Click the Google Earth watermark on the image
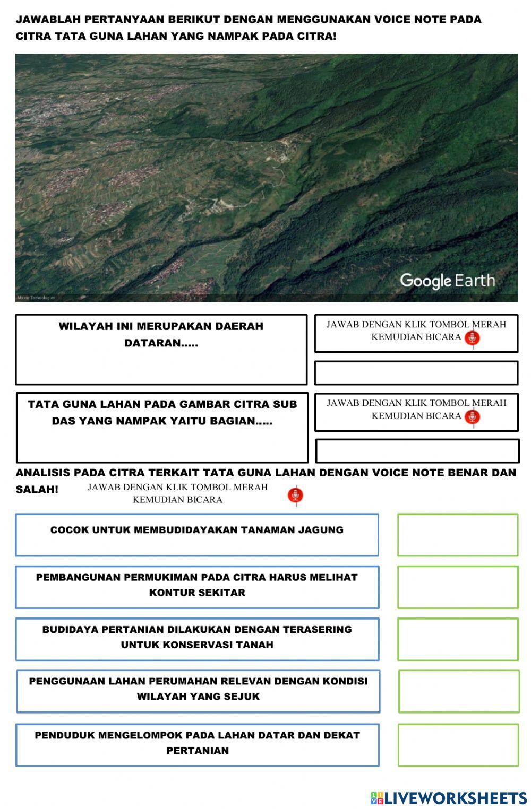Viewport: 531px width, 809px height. point(447,281)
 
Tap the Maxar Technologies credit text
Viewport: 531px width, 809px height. point(36,298)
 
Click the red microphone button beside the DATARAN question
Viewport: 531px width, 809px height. point(472,338)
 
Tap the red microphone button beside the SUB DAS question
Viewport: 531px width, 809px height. point(472,417)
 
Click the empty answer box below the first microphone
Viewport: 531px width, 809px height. point(416,373)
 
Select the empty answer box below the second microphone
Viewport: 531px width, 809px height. point(417,451)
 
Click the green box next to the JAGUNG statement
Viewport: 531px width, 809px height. point(457,535)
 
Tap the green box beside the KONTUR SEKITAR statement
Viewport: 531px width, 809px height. point(457,587)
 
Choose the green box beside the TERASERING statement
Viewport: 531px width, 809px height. point(457,639)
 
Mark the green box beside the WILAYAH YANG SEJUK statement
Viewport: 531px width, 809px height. point(458,691)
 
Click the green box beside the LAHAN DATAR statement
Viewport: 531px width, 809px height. point(457,745)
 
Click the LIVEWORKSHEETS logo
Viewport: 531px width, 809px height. point(449,798)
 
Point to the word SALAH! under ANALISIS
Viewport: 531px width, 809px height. point(37,490)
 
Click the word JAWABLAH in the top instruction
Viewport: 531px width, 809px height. point(48,20)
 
